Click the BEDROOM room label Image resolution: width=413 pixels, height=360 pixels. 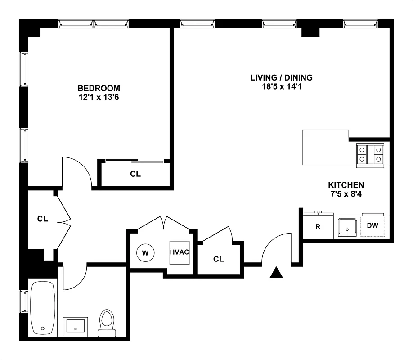coord(99,88)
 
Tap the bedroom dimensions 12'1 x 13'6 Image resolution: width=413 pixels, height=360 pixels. coord(99,96)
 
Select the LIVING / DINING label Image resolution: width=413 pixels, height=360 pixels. coord(281,78)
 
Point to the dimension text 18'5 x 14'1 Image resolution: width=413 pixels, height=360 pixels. coord(281,86)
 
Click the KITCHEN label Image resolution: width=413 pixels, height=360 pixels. coord(346,185)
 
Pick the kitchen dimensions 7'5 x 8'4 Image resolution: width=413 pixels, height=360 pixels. coord(346,193)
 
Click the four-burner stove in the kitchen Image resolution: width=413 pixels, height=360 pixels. coord(370,155)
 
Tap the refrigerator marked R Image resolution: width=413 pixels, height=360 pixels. coord(318,226)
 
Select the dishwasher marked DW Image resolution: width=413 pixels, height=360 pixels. coord(373,226)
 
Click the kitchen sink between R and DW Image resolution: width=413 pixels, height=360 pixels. coord(347,226)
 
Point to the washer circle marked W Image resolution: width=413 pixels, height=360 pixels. coord(145,252)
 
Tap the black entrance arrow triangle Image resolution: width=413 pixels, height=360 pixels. coord(276,273)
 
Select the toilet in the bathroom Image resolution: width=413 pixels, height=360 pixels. coord(107,321)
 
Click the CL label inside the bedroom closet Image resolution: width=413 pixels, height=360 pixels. coord(135,174)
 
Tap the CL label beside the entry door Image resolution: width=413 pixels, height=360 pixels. coord(219,259)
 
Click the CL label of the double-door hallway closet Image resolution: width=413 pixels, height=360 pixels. coord(42,219)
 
